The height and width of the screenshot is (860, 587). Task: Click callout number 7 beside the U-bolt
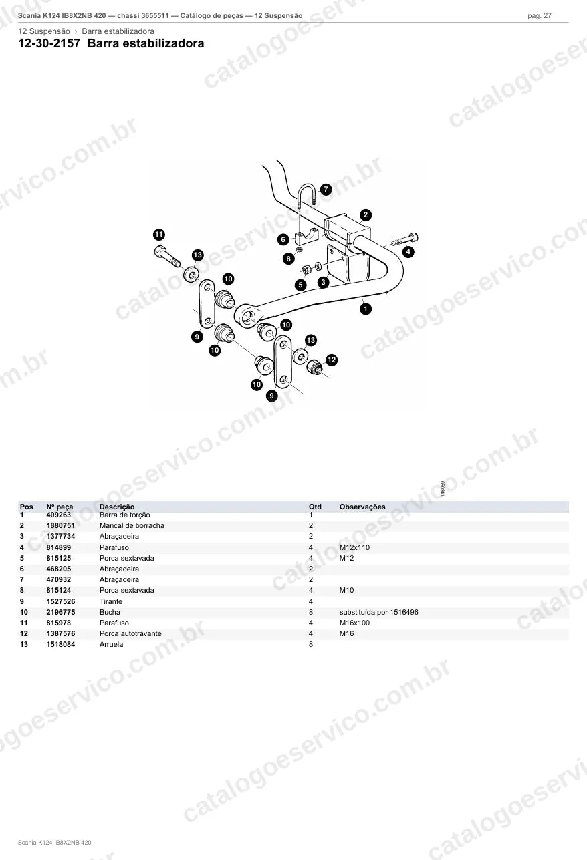(326, 189)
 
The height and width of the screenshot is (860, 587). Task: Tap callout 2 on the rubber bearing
(365, 215)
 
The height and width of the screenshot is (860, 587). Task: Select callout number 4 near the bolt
(408, 252)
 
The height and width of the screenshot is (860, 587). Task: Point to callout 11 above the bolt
(159, 235)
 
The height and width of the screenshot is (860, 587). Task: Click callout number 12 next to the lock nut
(332, 360)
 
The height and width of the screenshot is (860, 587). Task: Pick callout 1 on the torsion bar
(365, 309)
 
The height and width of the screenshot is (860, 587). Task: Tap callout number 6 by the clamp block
(283, 240)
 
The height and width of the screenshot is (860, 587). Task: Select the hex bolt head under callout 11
(160, 251)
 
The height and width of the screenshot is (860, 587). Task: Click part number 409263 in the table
(58, 515)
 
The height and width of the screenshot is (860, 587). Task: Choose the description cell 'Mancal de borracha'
(132, 526)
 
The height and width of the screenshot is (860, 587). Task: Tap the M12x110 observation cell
(354, 547)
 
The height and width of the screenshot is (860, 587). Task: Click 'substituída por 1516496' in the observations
(379, 612)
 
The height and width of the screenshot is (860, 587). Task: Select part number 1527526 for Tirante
(61, 601)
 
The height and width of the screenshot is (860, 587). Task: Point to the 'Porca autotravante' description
(130, 634)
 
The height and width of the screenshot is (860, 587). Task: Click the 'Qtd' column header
(315, 507)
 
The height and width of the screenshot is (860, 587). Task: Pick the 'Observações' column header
(362, 507)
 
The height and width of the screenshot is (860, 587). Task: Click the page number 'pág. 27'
(540, 16)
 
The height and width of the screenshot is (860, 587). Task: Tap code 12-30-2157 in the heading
(49, 43)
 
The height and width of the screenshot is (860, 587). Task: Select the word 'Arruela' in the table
(111, 645)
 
